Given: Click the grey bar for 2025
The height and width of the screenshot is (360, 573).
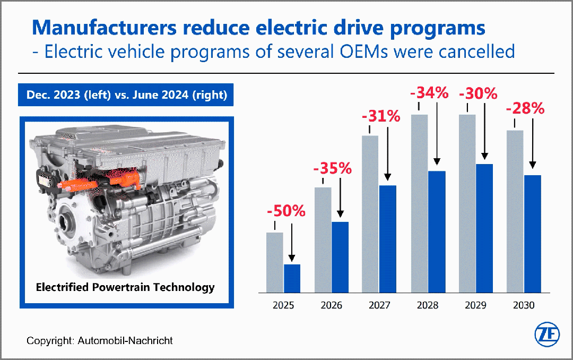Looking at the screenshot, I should pos(274,262).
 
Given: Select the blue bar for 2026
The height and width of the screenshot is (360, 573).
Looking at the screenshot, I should pos(340,257).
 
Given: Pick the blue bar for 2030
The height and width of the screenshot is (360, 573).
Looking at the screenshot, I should pos(532,234).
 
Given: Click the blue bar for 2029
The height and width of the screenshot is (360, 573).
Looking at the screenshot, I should pos(484,228).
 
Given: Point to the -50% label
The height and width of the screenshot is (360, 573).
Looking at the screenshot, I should pos(286,211).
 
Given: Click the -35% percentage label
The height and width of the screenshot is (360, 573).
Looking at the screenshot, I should pos(333,169).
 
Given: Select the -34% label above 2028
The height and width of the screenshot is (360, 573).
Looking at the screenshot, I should pos(429,93).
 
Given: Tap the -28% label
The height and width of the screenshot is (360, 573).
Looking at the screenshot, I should pos(525,109).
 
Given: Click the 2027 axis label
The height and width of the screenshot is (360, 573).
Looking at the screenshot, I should pos(380,305).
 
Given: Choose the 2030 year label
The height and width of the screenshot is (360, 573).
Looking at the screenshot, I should pos(524,305).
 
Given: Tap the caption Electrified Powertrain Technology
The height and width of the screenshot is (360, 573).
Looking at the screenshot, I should pos(125,287).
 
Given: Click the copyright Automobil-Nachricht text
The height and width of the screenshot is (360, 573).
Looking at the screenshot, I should pos(100,340).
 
